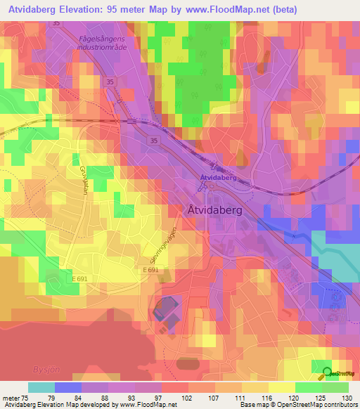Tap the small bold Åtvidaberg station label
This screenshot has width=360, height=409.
click(x=218, y=178)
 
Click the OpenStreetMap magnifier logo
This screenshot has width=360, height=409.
click(x=327, y=373)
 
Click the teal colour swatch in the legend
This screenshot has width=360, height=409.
click(x=41, y=387)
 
